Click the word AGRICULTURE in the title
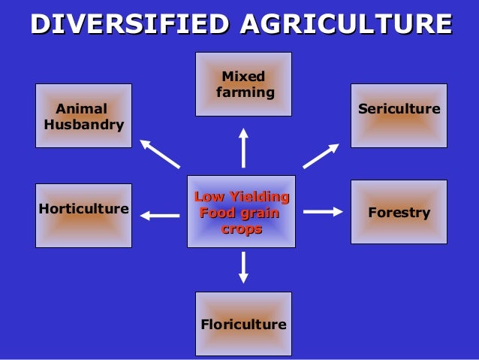346,24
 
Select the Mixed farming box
243,84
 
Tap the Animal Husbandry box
83,116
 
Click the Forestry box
399,212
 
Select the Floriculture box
243,324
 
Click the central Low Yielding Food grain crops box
241,212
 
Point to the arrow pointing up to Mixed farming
243,148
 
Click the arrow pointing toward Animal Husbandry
160,153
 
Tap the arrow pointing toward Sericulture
321,156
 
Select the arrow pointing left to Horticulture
159,216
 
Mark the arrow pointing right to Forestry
323,212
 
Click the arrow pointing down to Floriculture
243,268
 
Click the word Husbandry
83,125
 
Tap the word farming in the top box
245,92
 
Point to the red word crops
241,228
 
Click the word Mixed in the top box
243,77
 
